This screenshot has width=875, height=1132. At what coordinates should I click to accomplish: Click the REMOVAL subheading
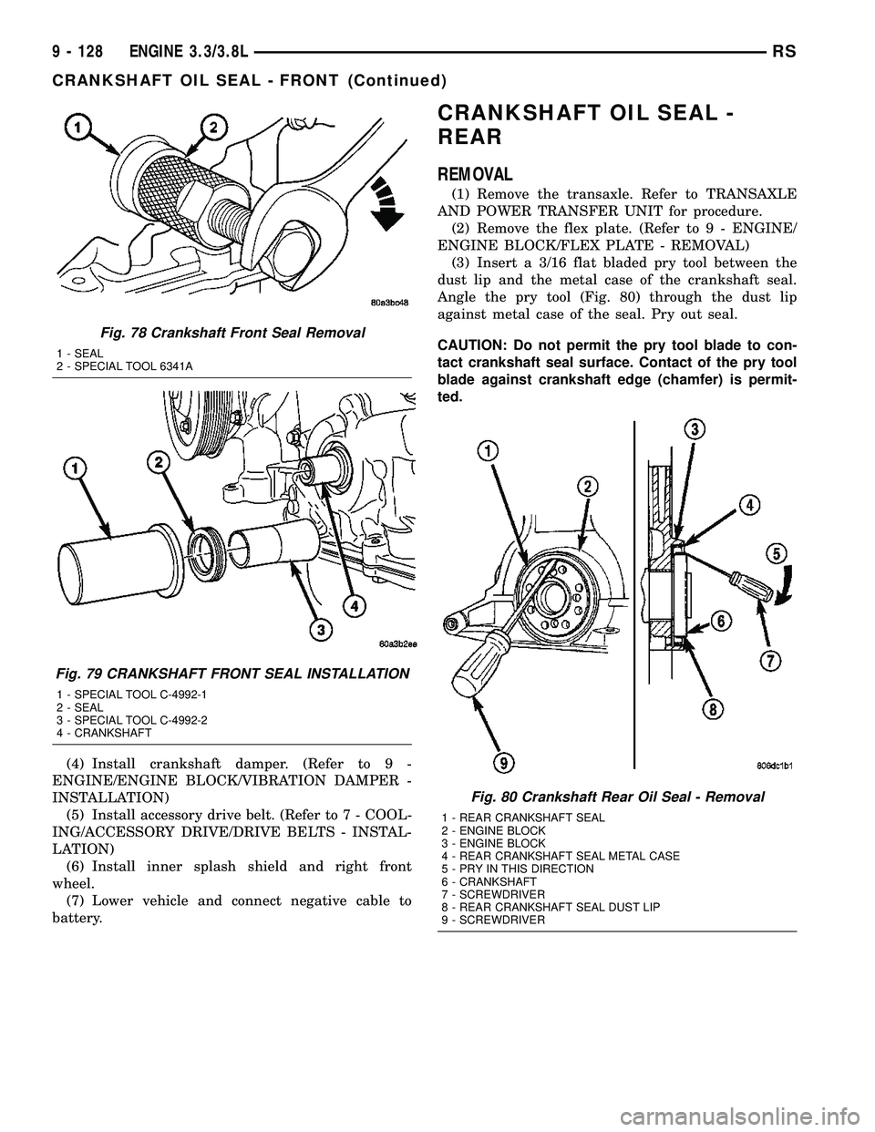click(475, 174)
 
